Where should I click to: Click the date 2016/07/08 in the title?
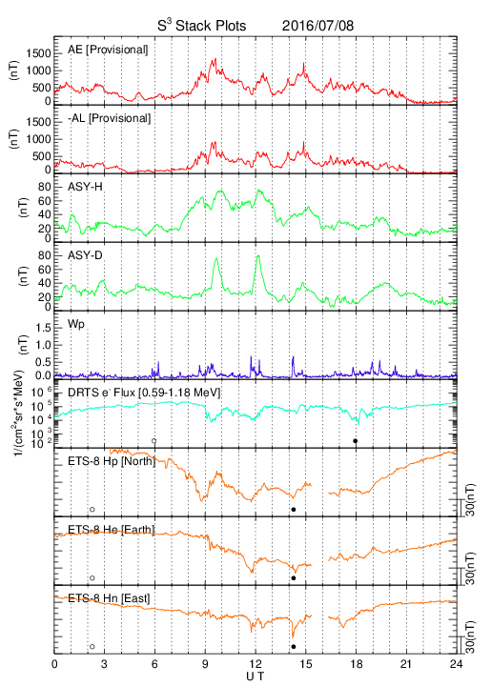click(317, 26)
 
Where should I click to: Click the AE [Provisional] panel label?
click(108, 50)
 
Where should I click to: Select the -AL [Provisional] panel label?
click(109, 118)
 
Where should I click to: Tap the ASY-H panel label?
click(85, 187)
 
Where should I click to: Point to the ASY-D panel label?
click(85, 255)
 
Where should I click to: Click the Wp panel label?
click(75, 324)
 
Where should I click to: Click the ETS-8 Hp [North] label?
click(112, 461)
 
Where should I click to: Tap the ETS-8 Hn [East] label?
click(109, 598)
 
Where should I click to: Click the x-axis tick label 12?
click(256, 664)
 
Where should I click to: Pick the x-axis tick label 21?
click(406, 664)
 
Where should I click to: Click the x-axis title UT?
click(256, 676)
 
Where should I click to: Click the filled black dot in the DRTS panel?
click(356, 441)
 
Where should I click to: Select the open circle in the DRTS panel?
click(154, 441)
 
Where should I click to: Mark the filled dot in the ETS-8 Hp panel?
click(294, 509)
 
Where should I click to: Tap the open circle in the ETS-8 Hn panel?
click(92, 646)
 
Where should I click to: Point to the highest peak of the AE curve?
click(215, 59)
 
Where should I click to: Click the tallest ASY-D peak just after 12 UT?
click(258, 256)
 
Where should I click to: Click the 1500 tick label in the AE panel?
click(38, 53)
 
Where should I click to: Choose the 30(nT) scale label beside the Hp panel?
click(470, 500)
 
